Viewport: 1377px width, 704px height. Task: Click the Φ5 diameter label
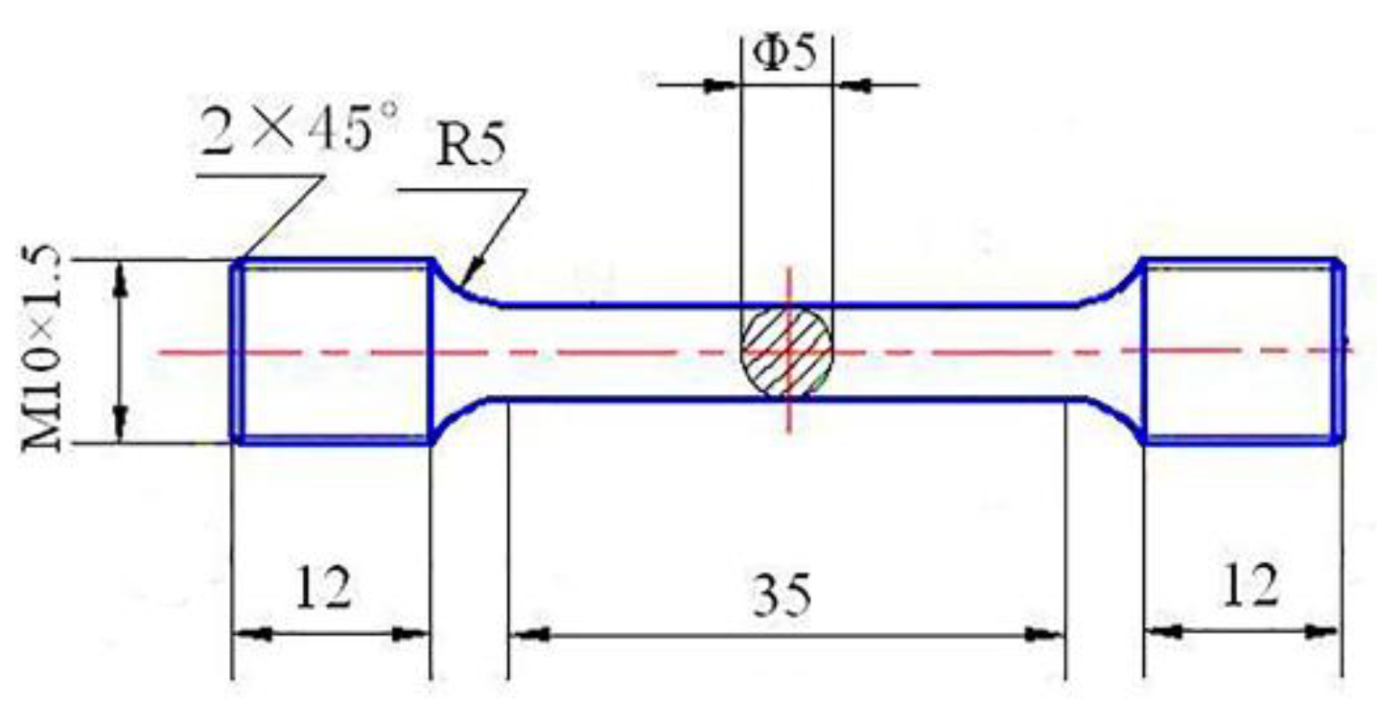pos(785,53)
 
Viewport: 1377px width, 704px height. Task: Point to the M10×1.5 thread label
pos(45,350)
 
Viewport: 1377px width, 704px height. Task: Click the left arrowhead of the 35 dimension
pos(525,634)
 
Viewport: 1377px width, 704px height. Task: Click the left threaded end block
pos(332,351)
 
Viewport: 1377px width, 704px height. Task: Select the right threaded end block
pos(1242,351)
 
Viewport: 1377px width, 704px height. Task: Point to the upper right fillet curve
pos(1112,288)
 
